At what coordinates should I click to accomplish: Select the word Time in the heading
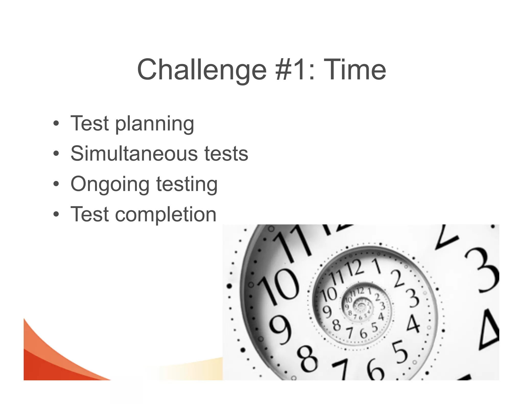pyautogui.click(x=356, y=70)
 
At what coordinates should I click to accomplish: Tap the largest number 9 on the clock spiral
pyautogui.click(x=280, y=331)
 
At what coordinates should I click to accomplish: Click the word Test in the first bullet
pyautogui.click(x=89, y=124)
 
